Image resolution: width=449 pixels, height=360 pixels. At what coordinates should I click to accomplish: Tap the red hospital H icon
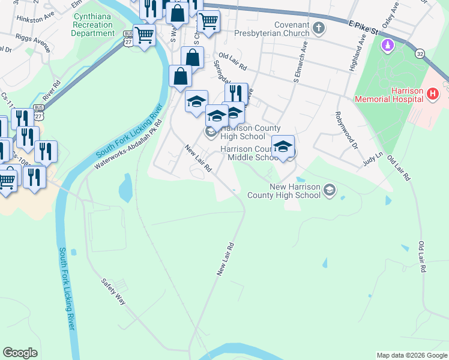pos(433,93)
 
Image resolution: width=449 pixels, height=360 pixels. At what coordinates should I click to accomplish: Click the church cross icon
pos(319,28)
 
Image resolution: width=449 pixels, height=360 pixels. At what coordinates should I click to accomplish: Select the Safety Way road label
pos(113,291)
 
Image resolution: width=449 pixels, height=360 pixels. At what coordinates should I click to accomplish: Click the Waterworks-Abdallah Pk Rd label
pos(129,145)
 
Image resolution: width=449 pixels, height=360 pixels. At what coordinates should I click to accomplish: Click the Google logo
pos(20,353)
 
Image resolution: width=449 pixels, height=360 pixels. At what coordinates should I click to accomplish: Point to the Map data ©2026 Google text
pos(411,355)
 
